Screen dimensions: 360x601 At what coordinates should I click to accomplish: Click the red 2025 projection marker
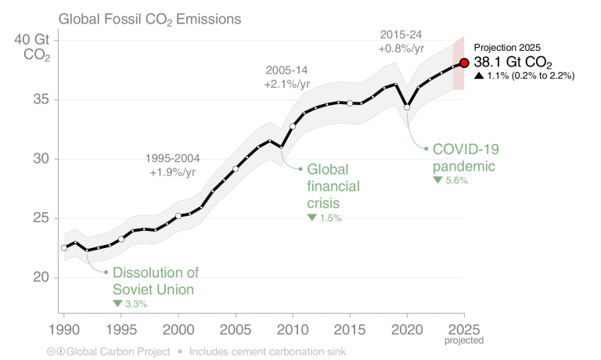tap(464, 63)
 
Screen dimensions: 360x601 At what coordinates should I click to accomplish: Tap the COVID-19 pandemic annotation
tap(466, 157)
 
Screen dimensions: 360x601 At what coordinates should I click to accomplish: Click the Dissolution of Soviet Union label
tap(155, 281)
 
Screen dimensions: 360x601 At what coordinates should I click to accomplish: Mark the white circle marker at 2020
tap(407, 107)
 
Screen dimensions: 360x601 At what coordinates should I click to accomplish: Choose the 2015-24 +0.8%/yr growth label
tap(401, 42)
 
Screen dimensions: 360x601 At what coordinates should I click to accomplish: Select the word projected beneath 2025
tap(464, 340)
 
